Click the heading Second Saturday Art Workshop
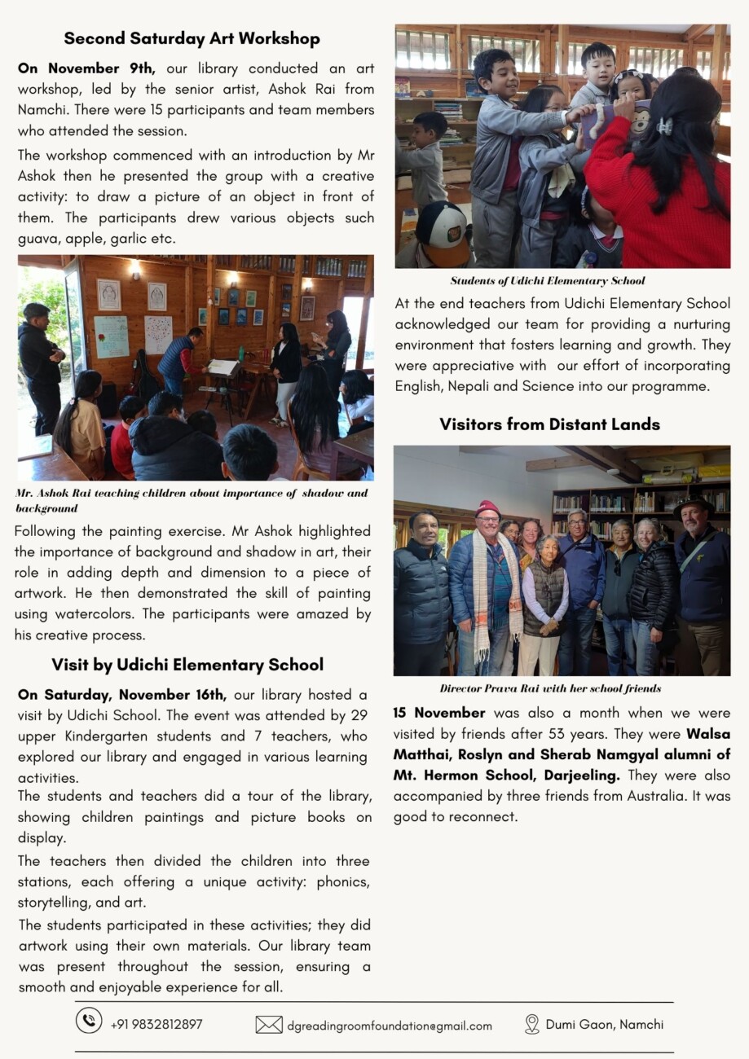192,38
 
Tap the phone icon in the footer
89,1021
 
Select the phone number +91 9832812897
156,1024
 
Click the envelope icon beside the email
269,1025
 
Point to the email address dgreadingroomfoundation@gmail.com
390,1026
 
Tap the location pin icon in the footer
531,1024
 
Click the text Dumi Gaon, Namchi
604,1024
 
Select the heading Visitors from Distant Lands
549,424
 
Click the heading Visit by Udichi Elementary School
187,665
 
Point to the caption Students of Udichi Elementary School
548,281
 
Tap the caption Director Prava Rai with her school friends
550,688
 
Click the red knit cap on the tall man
487,508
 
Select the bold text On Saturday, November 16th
122,695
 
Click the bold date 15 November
438,713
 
